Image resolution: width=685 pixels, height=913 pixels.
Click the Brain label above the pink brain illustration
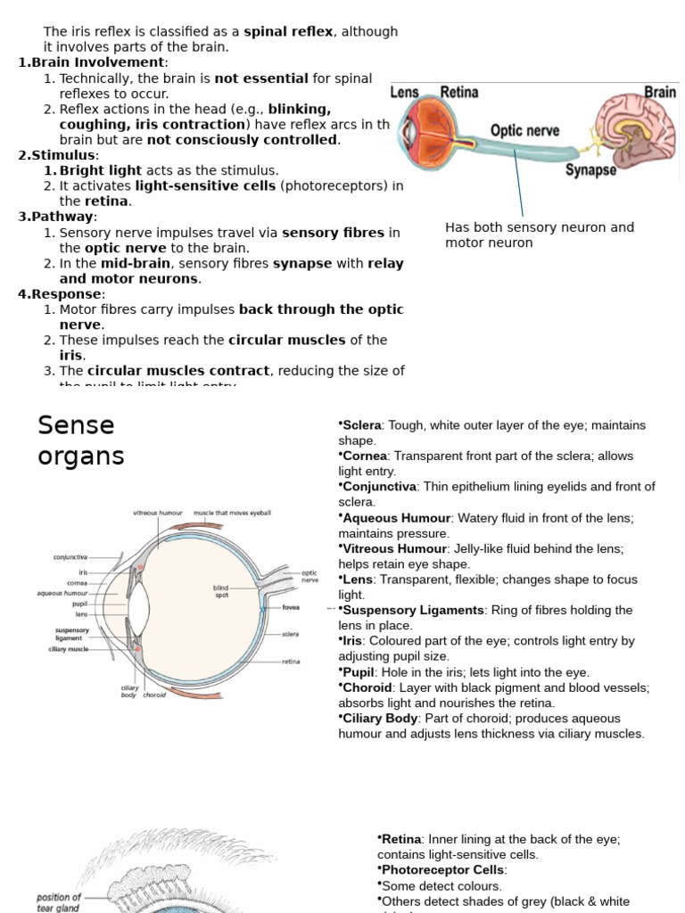pyautogui.click(x=660, y=93)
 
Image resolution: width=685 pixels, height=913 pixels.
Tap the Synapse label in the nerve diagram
pyautogui.click(x=590, y=169)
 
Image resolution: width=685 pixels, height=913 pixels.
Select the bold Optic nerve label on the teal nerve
pyautogui.click(x=524, y=131)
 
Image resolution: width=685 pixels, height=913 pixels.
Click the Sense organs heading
pyautogui.click(x=80, y=440)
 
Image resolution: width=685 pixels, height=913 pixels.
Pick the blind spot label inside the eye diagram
pyautogui.click(x=221, y=591)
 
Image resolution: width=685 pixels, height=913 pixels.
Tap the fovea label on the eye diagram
pyautogui.click(x=290, y=608)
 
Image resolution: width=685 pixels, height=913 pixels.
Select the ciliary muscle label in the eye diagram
pyautogui.click(x=68, y=649)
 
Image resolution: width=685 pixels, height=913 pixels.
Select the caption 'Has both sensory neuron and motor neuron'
pyautogui.click(x=539, y=234)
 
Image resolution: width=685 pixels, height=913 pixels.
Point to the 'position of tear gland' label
pyautogui.click(x=59, y=902)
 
